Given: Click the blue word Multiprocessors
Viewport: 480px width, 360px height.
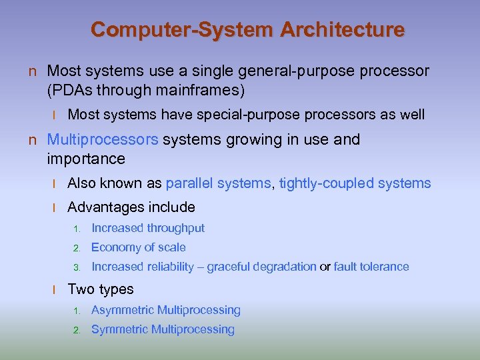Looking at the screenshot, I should pyautogui.click(x=103, y=139).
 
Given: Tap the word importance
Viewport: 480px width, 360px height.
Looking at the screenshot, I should pyautogui.click(x=86, y=159).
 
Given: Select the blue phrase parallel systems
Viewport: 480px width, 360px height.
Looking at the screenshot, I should pyautogui.click(x=219, y=183).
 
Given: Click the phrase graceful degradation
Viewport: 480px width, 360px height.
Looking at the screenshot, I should pyautogui.click(x=262, y=267).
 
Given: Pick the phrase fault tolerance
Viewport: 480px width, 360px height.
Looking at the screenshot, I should pyautogui.click(x=371, y=267).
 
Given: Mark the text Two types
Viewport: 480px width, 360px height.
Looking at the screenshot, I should pyautogui.click(x=101, y=289).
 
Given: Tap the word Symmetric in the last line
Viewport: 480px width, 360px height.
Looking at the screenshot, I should pyautogui.click(x=120, y=329).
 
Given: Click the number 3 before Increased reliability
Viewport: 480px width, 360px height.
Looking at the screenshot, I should pyautogui.click(x=77, y=267).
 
